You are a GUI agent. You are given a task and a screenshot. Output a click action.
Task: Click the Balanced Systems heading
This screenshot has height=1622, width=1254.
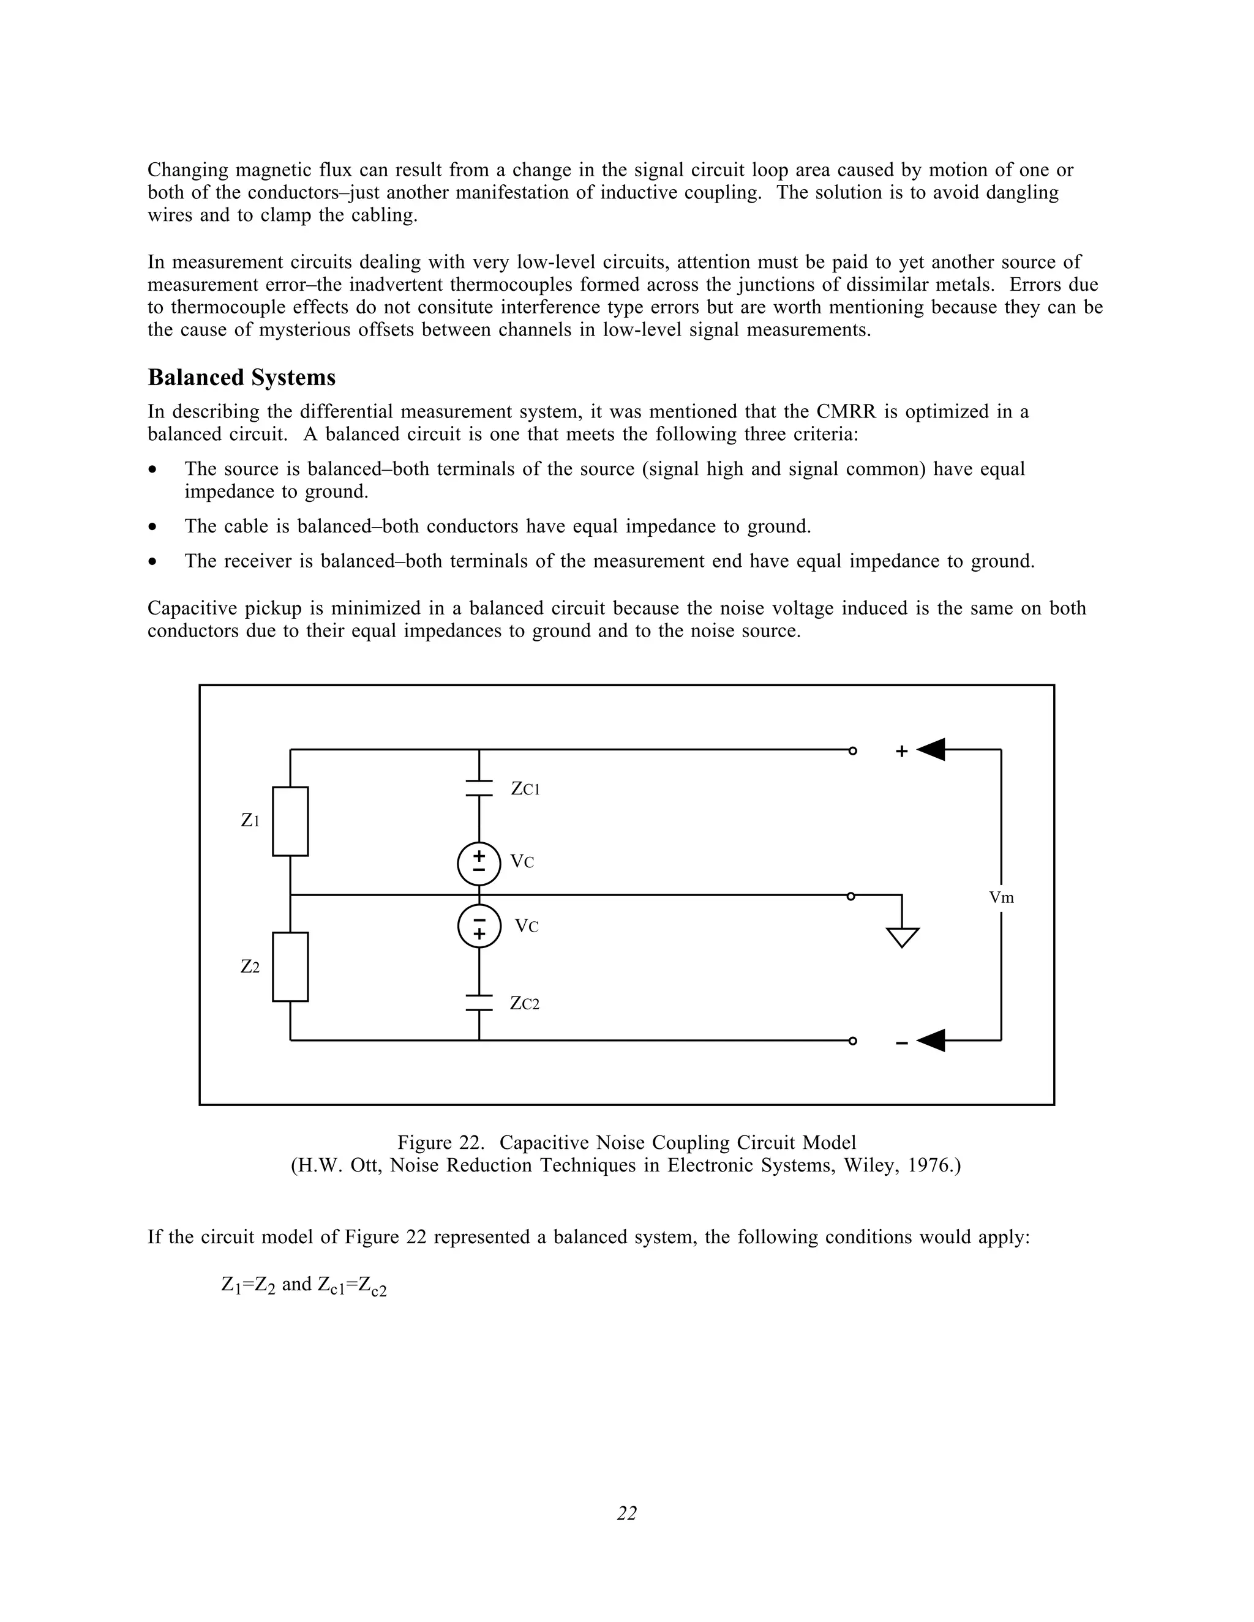point(241,377)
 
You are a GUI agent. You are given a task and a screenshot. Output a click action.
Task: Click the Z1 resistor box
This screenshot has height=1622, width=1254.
point(290,821)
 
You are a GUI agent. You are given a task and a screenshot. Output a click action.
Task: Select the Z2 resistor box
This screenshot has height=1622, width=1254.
point(290,967)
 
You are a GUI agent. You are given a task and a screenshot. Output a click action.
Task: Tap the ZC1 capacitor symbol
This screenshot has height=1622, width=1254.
point(479,788)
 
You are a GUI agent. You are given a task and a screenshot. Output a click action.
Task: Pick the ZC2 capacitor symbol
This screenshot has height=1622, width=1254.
point(479,1003)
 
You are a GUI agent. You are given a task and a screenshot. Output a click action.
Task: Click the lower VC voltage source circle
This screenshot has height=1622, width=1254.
point(479,927)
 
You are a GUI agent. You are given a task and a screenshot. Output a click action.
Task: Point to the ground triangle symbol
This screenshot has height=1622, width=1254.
point(903,936)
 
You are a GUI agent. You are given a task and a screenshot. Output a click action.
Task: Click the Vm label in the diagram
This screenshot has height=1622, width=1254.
point(1001,898)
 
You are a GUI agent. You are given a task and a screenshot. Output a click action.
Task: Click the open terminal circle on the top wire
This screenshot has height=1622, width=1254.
point(853,751)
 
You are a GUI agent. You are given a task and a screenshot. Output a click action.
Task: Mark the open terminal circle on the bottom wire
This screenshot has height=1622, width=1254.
point(853,1041)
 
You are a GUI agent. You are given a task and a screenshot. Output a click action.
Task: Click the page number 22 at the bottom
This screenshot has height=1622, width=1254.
point(627,1513)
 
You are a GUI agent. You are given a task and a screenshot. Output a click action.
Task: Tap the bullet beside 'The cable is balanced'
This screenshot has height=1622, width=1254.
point(153,527)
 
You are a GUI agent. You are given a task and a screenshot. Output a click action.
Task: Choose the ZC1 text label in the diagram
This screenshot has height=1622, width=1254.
point(525,789)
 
